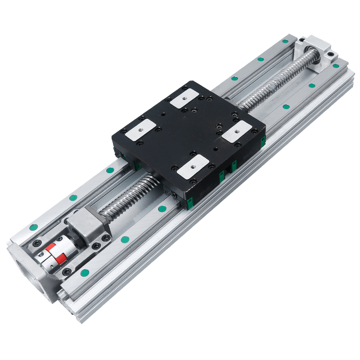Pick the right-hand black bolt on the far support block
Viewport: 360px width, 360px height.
click(332, 55)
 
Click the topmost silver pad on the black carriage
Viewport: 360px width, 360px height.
click(184, 97)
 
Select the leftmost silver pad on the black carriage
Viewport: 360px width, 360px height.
click(139, 130)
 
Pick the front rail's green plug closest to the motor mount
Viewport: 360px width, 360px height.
click(84, 272)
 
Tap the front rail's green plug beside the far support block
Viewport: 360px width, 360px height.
click(336, 66)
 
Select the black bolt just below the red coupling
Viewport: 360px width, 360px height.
click(67, 272)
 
